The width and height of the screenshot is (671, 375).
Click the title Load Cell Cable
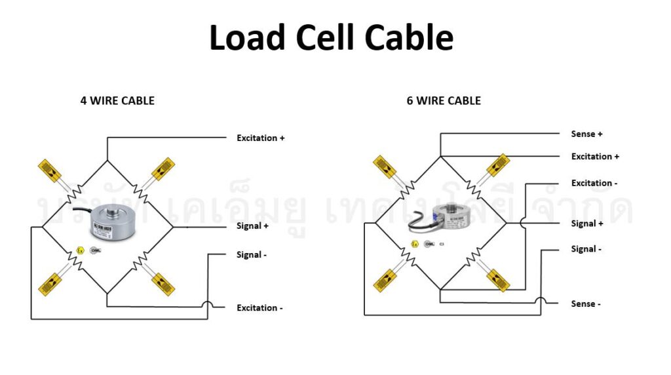pos(331,38)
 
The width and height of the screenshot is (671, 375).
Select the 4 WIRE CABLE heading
pos(117,101)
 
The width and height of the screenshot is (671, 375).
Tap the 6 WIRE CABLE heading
pos(444,101)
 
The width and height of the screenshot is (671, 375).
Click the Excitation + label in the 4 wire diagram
pos(261,138)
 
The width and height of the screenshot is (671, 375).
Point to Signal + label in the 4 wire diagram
pos(252,226)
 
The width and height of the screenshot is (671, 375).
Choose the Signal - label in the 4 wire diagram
pos(252,254)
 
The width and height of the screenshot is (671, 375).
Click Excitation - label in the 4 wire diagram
pos(259,307)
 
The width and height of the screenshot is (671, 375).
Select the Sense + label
pos(586,134)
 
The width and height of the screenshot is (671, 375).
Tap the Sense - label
pos(585,304)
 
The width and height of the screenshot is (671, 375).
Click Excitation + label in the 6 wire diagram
pos(595,157)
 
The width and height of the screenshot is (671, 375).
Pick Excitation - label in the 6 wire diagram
pos(594,183)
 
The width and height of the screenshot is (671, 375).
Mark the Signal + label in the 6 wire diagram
pos(587,224)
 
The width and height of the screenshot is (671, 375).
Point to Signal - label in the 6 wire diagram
pos(586,249)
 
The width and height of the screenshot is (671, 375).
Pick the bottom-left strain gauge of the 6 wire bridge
pos(385,280)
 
